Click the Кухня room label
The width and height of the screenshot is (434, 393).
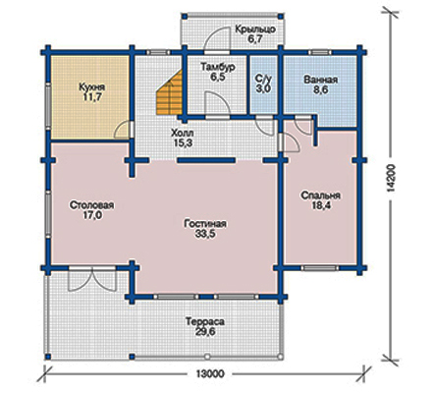point(92,87)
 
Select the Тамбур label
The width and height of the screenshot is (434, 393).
point(218,67)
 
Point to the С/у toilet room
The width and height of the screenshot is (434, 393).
point(263,84)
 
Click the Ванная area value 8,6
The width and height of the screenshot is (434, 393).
point(320,90)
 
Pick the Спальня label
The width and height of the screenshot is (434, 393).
point(320,196)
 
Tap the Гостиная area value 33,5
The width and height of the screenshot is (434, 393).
point(205,234)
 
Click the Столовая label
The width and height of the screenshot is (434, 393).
point(91,205)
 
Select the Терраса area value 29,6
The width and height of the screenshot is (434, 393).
point(205,331)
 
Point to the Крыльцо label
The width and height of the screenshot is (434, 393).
point(255,29)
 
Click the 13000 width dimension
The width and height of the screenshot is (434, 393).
point(210,373)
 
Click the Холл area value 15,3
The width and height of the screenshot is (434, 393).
point(183,143)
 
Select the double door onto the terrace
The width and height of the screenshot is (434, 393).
point(92,279)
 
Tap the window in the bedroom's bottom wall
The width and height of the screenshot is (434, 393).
point(320,268)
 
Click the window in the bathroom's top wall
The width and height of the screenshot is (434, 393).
point(320,52)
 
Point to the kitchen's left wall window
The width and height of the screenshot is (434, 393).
point(48,106)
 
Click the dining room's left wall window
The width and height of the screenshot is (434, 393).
point(48,214)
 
